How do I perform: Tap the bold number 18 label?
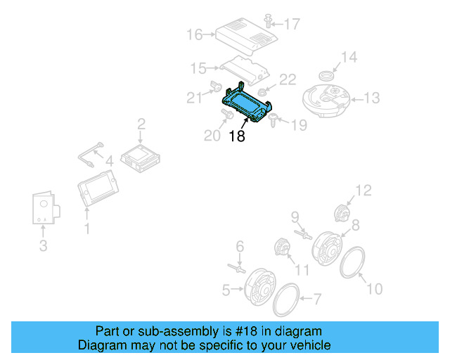tap(237, 136)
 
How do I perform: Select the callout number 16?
tap(195, 34)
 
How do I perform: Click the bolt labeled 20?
tap(226, 113)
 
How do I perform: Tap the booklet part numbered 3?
tap(44, 208)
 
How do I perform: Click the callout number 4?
tap(109, 161)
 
